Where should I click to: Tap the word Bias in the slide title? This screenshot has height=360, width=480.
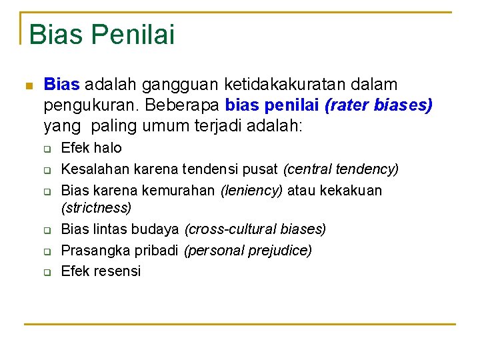(x=54, y=33)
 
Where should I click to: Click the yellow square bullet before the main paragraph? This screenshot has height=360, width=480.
(x=27, y=86)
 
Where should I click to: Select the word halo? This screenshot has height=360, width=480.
(x=108, y=147)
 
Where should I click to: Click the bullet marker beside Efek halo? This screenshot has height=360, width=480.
(x=48, y=149)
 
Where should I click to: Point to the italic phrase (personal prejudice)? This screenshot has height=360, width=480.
(x=247, y=250)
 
